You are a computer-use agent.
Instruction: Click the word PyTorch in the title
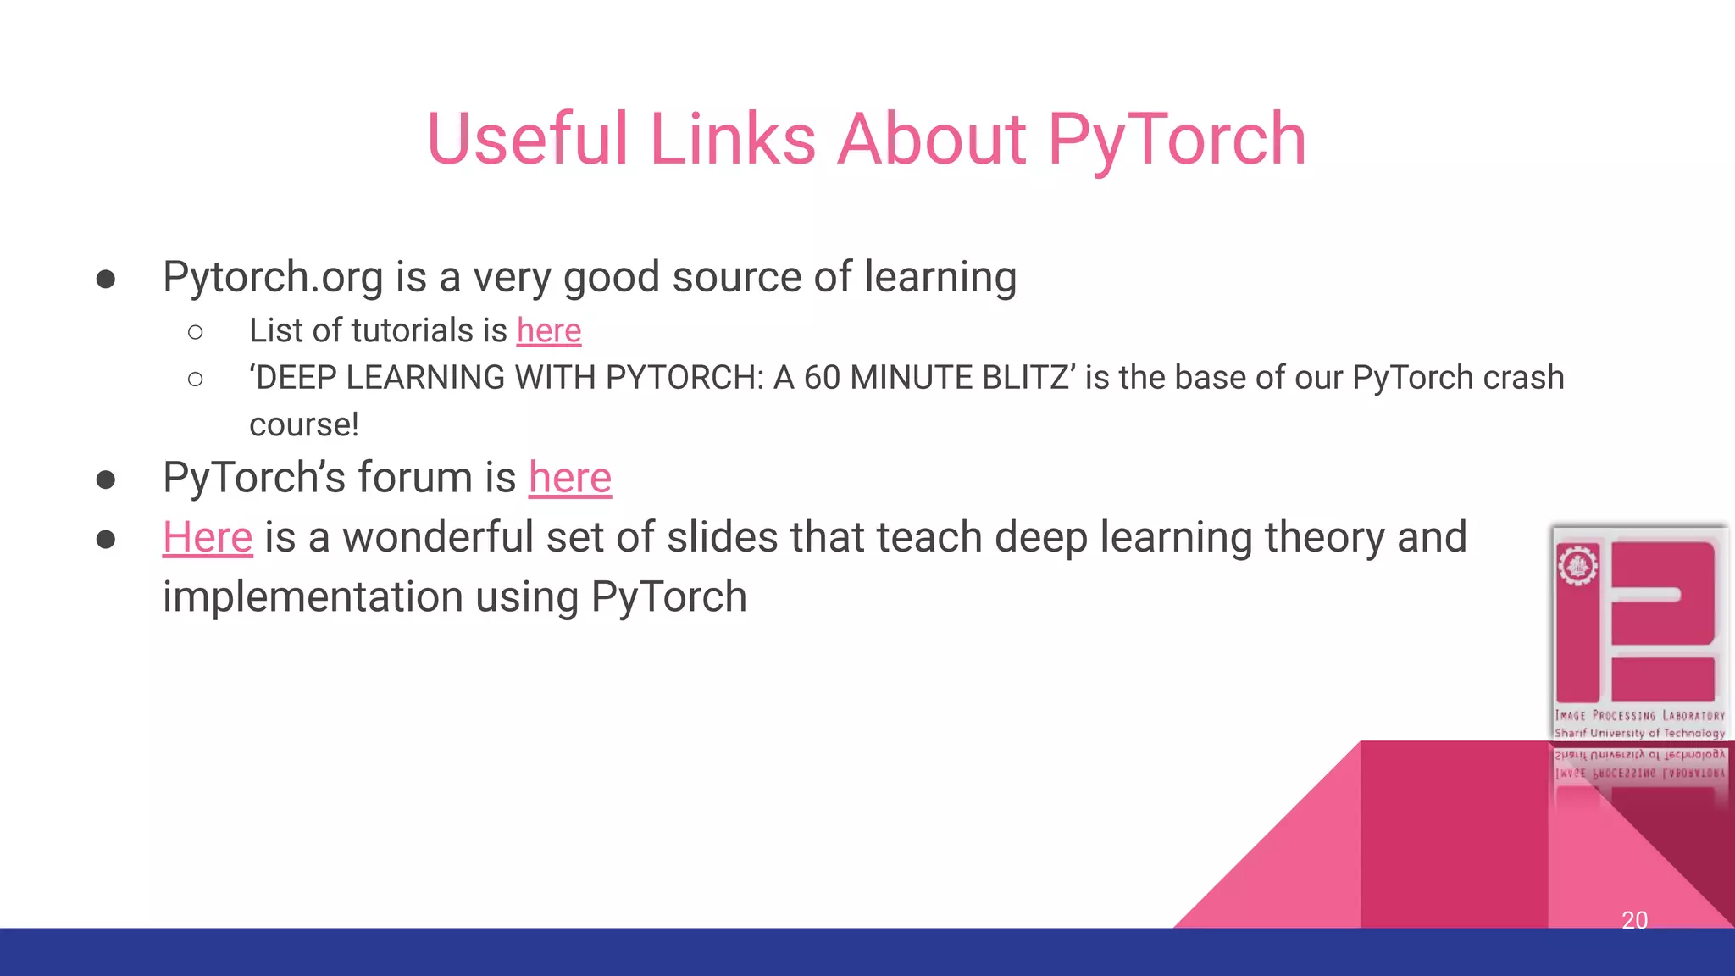point(1177,140)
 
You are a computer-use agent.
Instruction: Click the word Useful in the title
point(527,140)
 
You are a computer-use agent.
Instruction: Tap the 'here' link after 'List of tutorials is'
point(549,330)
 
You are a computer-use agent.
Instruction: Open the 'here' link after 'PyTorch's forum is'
point(569,477)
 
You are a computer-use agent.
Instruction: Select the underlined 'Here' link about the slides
point(208,537)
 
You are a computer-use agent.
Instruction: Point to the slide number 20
point(1634,920)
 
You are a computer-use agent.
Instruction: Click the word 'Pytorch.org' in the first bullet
point(273,278)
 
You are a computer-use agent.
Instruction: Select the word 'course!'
point(304,424)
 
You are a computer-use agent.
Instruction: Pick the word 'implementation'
point(313,596)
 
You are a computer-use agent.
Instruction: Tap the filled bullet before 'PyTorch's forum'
point(106,480)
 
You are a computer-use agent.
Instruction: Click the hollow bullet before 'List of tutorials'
point(196,332)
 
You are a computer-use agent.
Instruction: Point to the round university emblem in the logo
point(1577,566)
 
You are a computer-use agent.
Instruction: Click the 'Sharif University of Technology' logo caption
point(1639,733)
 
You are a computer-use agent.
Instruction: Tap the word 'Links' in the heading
point(733,140)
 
